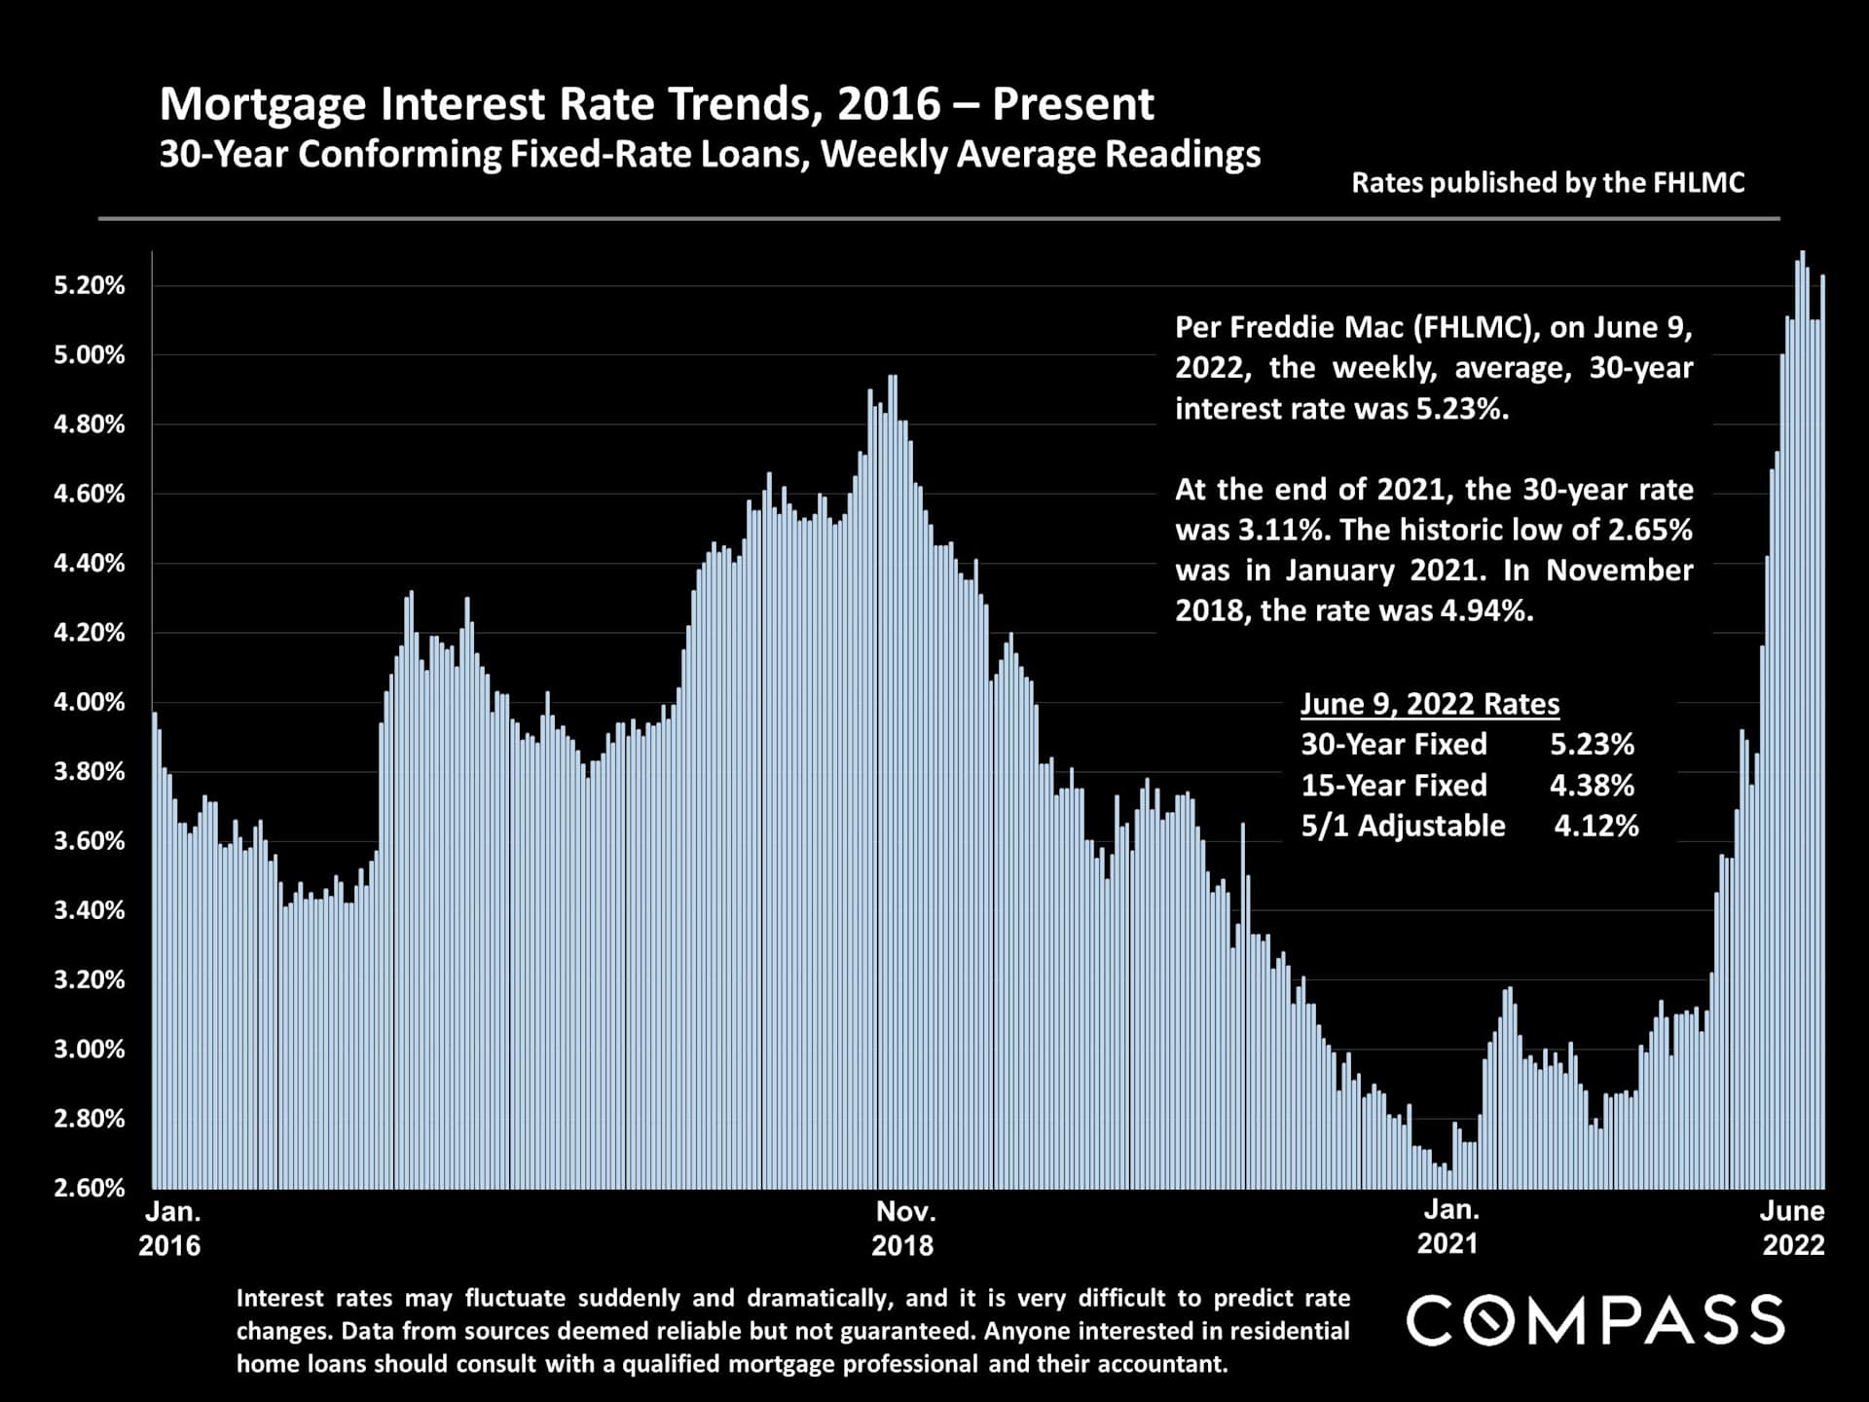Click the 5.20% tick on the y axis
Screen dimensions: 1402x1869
click(x=90, y=285)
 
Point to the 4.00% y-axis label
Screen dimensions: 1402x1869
click(x=90, y=702)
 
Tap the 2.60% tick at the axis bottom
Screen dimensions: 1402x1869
click(x=90, y=1188)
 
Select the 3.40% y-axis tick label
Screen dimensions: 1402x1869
click(x=90, y=910)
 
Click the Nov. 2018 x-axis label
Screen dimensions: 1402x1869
click(x=903, y=1228)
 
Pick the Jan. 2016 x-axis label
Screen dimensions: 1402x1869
click(x=170, y=1228)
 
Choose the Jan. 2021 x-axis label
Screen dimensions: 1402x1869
click(x=1448, y=1227)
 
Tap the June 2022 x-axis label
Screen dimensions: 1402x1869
click(x=1793, y=1228)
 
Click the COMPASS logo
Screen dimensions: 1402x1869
click(x=1594, y=1320)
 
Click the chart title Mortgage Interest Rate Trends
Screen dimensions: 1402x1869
click(x=656, y=104)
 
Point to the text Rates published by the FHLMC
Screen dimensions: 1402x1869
click(x=1548, y=183)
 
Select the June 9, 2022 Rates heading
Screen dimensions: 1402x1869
click(x=1430, y=704)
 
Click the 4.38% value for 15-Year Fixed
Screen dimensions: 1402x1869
click(x=1592, y=785)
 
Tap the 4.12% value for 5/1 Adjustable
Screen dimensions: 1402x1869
click(x=1595, y=826)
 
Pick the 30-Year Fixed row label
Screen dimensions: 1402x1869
click(x=1394, y=745)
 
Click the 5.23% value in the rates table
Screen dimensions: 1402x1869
click(x=1592, y=745)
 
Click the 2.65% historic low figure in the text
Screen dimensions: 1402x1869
click(x=1649, y=530)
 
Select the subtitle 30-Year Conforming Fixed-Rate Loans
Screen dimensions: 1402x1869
click(x=710, y=155)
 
